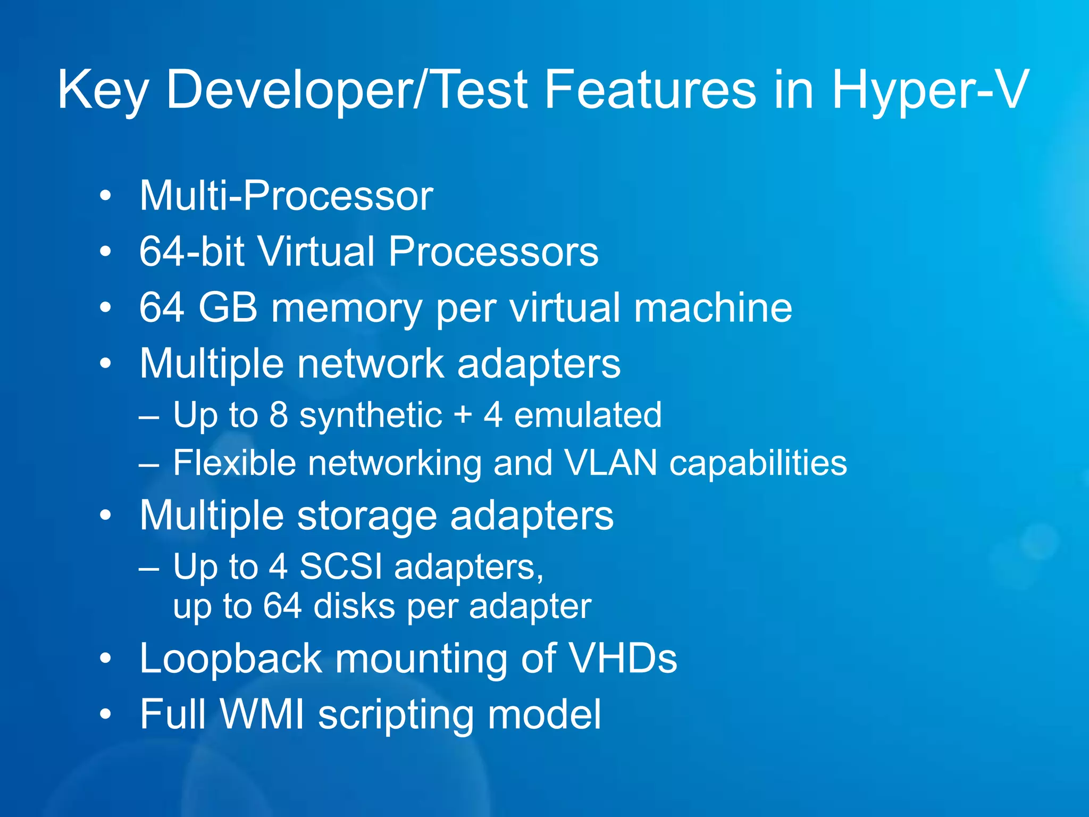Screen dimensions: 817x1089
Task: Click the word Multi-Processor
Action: pos(286,196)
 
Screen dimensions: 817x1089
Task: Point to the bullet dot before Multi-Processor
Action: pos(106,196)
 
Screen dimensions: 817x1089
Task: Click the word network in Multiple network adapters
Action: pos(370,364)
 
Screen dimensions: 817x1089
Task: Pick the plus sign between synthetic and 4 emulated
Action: pos(463,415)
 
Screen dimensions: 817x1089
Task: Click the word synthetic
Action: pos(371,415)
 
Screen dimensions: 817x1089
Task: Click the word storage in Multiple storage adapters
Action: pos(366,516)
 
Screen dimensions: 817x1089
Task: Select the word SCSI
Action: pos(341,566)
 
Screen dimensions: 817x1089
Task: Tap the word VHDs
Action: pos(623,658)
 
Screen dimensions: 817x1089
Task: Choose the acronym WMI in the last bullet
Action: pos(262,714)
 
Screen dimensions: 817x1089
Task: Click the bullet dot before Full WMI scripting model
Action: pos(106,714)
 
